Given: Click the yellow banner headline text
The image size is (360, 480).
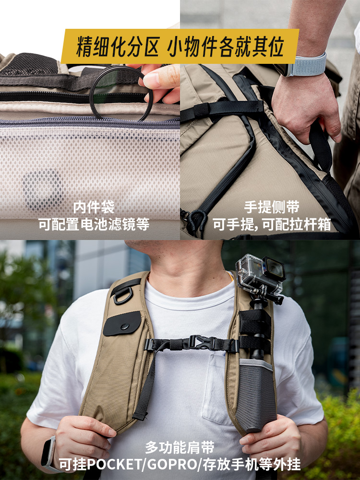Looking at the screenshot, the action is pos(180,46).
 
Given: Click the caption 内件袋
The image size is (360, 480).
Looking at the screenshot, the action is pos(94,207).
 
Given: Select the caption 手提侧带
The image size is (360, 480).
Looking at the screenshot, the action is pos(272,207).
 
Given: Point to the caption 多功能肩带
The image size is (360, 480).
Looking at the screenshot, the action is pos(180,447).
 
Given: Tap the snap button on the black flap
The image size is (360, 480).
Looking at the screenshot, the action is pos(124,326).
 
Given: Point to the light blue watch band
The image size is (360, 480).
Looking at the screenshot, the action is pos(308,65).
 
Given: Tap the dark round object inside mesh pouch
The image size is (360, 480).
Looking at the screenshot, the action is pos(43,190).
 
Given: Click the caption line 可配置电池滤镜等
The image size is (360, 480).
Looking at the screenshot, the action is pos(94,224).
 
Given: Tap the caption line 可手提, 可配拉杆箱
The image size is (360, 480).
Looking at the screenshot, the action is pos(272,225).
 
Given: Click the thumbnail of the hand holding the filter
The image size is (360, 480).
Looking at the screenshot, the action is pos(90,120).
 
